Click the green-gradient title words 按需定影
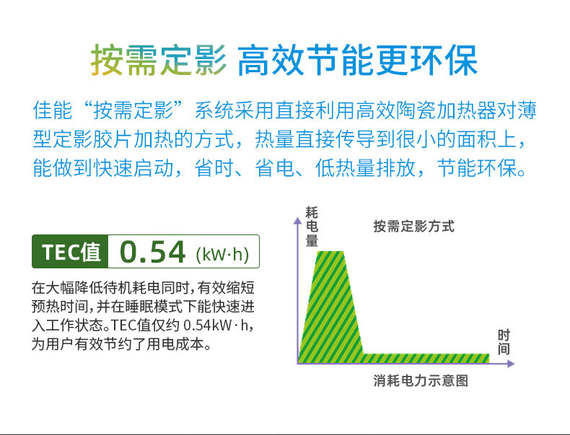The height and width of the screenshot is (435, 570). (159, 60)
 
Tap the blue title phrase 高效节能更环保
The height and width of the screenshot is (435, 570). (357, 60)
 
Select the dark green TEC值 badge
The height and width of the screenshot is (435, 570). (70, 252)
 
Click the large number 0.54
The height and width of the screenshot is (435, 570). (153, 252)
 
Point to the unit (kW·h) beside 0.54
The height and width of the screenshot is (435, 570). (222, 255)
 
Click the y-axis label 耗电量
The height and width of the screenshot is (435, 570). (312, 227)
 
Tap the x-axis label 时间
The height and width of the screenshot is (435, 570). (504, 342)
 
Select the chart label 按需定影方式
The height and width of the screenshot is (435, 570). (413, 227)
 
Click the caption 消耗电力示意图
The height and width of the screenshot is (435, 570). (421, 380)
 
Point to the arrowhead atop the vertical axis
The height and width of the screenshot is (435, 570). (298, 220)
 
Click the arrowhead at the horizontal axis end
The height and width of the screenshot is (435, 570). (511, 364)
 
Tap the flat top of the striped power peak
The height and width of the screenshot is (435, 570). (330, 252)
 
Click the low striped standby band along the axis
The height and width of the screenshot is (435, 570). (425, 359)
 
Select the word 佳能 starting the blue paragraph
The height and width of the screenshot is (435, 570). (53, 110)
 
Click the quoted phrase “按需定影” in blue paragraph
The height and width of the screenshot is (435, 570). (133, 110)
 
